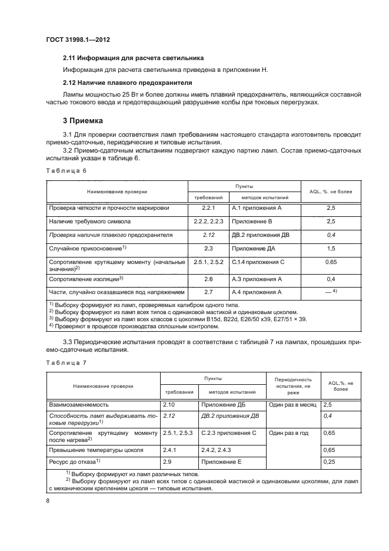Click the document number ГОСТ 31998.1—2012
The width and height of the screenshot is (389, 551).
78,39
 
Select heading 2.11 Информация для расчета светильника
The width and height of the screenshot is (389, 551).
133,58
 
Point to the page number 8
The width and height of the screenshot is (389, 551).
47,501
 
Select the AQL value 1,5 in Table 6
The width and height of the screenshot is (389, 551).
330,249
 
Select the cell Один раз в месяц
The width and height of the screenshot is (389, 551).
292,406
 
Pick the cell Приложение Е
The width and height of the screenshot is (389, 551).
221,463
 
